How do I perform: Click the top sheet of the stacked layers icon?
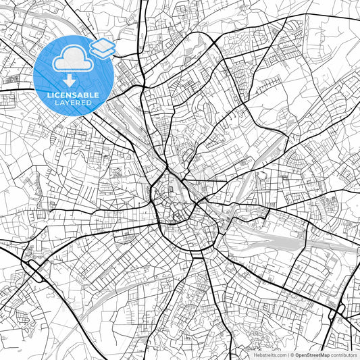[103, 45]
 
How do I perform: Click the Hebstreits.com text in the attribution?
[268, 355]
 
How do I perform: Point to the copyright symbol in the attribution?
[292, 355]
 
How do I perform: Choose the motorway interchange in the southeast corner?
[336, 310]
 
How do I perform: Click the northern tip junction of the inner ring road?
[166, 169]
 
